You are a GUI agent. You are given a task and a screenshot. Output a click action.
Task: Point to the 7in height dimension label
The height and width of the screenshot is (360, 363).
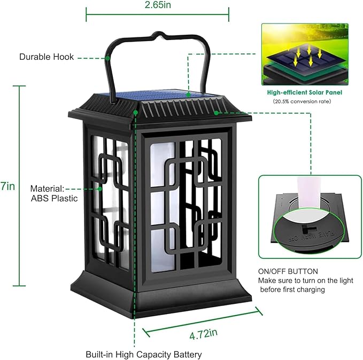pyautogui.click(x=7, y=186)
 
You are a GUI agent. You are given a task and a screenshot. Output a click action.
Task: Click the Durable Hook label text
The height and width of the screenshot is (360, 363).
pyautogui.click(x=47, y=57)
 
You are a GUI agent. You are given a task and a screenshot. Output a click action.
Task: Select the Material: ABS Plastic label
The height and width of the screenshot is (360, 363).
pyautogui.click(x=53, y=193)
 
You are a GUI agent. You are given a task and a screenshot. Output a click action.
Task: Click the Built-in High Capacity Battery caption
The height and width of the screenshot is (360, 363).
pyautogui.click(x=144, y=354)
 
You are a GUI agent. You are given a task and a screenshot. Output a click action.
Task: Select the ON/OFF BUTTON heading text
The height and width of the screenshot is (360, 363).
pyautogui.click(x=288, y=271)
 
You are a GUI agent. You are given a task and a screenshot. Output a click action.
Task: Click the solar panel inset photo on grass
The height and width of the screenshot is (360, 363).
pyautogui.click(x=304, y=53)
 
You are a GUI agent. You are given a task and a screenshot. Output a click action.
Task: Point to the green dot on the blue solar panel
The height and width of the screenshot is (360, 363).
pyautogui.click(x=188, y=94)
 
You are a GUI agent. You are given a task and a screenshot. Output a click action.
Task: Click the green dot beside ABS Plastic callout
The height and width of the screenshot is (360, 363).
pyautogui.click(x=99, y=189)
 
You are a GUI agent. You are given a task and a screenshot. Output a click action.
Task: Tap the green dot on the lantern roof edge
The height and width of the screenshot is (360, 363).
pyautogui.click(x=216, y=113)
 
